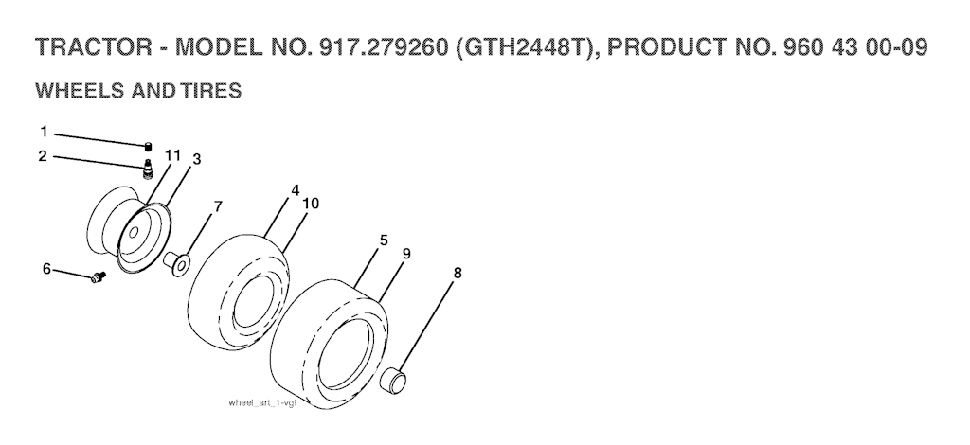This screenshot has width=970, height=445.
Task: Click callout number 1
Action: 44,132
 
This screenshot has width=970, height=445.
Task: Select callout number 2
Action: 42,155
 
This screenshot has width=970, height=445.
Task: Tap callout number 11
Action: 173,155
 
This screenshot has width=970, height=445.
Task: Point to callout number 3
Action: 197,159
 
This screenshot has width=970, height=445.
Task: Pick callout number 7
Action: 218,207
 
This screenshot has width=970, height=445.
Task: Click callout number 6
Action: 46,269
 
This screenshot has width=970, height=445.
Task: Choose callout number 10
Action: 311,204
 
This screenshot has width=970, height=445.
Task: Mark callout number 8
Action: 458,273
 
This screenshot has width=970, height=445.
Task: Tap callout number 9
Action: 405,254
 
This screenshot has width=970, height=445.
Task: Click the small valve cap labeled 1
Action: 148,147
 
